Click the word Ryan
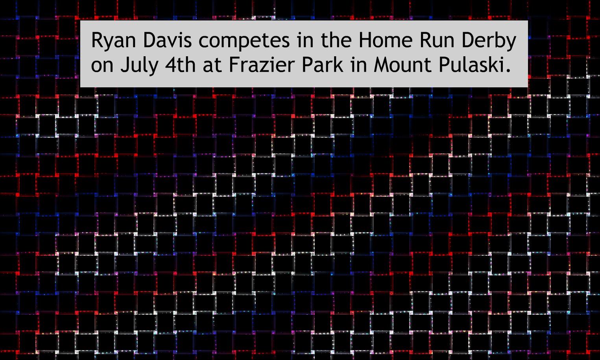(x=114, y=41)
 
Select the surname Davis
(x=168, y=40)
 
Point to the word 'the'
(x=336, y=40)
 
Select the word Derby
(x=489, y=41)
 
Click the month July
(x=139, y=66)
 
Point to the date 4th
(x=180, y=65)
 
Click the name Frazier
(x=262, y=65)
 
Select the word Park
(x=323, y=65)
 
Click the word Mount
(x=402, y=65)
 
